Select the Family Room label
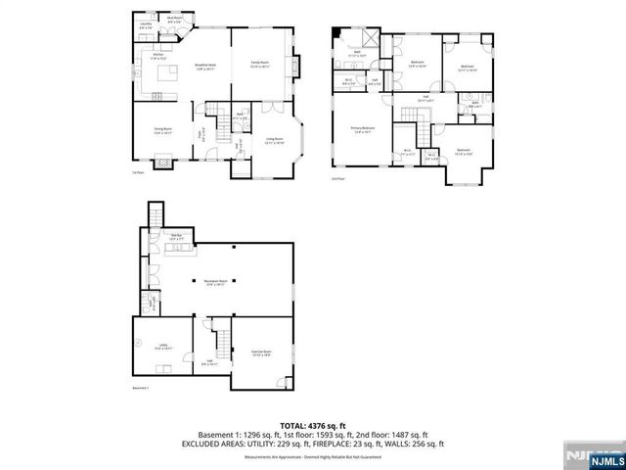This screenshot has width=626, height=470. (x=260, y=66)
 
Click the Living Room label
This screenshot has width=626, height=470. (x=275, y=141)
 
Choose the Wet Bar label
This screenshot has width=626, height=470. (x=177, y=237)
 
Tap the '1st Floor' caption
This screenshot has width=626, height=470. (x=138, y=172)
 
